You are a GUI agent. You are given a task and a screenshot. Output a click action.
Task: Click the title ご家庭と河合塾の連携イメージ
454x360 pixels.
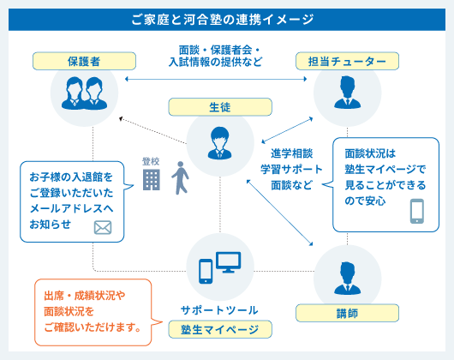pyautogui.click(x=226, y=18)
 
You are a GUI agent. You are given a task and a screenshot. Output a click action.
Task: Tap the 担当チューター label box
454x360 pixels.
pyautogui.click(x=347, y=61)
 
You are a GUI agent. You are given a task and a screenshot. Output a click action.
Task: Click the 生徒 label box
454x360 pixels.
pyautogui.click(x=219, y=107)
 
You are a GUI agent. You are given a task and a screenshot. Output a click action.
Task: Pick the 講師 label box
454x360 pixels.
pyautogui.click(x=347, y=315)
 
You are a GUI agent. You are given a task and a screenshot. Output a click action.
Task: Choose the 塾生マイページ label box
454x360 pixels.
pyautogui.click(x=219, y=329)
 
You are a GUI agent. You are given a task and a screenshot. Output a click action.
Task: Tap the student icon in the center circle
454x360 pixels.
pyautogui.click(x=219, y=140)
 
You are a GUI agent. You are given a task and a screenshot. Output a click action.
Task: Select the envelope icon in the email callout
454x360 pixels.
pyautogui.click(x=104, y=227)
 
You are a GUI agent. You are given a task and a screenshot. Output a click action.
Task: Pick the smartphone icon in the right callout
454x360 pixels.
pyautogui.click(x=417, y=211)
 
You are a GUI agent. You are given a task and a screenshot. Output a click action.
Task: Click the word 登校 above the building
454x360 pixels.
pyautogui.click(x=152, y=160)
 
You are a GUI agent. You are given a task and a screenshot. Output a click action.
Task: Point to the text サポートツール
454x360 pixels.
pyautogui.click(x=219, y=309)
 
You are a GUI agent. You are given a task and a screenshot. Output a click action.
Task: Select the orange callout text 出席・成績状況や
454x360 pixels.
pyautogui.click(x=85, y=297)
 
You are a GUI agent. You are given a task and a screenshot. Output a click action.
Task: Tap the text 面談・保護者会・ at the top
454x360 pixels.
pyautogui.click(x=219, y=50)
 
